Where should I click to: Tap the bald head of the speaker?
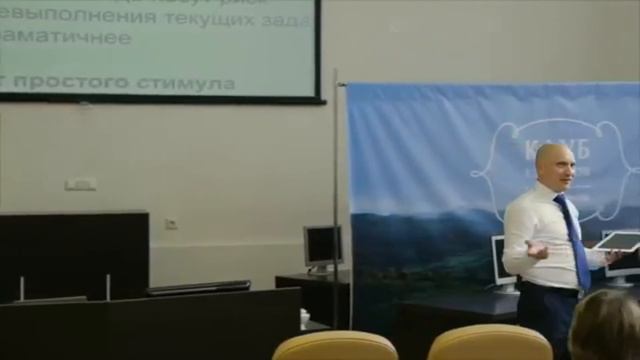pyautogui.click(x=553, y=165)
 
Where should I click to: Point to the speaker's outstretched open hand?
pyautogui.click(x=536, y=249)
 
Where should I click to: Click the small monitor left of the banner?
pyautogui.click(x=322, y=246)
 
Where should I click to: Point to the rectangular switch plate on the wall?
pyautogui.click(x=80, y=184)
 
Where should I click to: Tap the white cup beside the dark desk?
pyautogui.click(x=304, y=318)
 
